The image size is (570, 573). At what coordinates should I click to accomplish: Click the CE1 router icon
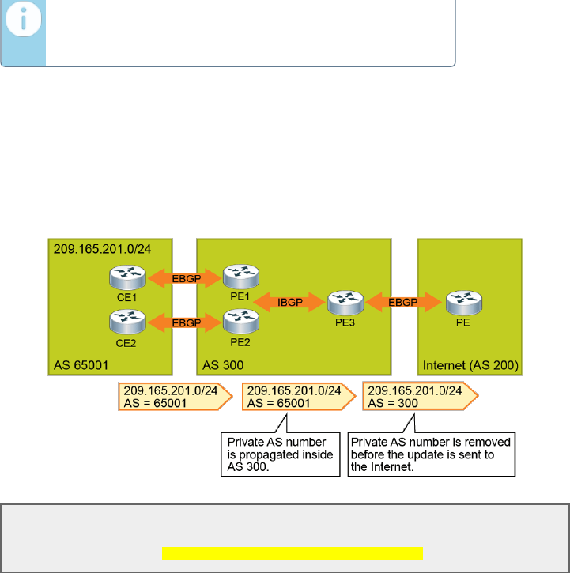126,277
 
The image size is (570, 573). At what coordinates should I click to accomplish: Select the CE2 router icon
126,321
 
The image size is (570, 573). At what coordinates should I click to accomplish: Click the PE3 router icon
345,301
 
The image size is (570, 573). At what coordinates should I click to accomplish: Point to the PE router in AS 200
462,301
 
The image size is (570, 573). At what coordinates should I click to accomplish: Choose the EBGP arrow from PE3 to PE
403,301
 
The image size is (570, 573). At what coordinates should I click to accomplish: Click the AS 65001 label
82,365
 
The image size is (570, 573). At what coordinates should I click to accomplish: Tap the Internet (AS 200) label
470,365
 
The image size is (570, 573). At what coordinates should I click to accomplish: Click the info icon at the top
23,24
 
